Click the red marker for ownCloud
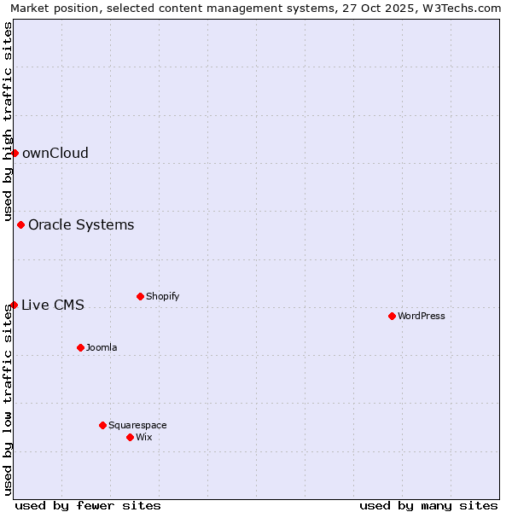click(x=15, y=153)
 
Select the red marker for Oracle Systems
click(x=20, y=224)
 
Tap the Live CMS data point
click(x=14, y=305)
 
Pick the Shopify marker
click(x=140, y=296)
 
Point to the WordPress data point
click(x=392, y=316)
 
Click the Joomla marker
click(x=80, y=347)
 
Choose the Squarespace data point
click(x=102, y=425)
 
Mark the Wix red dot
click(x=130, y=437)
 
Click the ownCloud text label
click(x=55, y=154)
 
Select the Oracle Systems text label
click(x=81, y=225)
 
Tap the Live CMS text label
click(x=52, y=305)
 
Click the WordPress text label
click(x=422, y=317)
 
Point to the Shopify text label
click(x=162, y=297)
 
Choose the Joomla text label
click(x=102, y=348)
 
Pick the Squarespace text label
click(x=137, y=426)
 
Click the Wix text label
click(x=143, y=438)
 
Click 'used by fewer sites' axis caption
click(x=88, y=506)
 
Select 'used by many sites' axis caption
click(x=428, y=506)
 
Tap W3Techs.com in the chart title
click(x=462, y=9)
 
